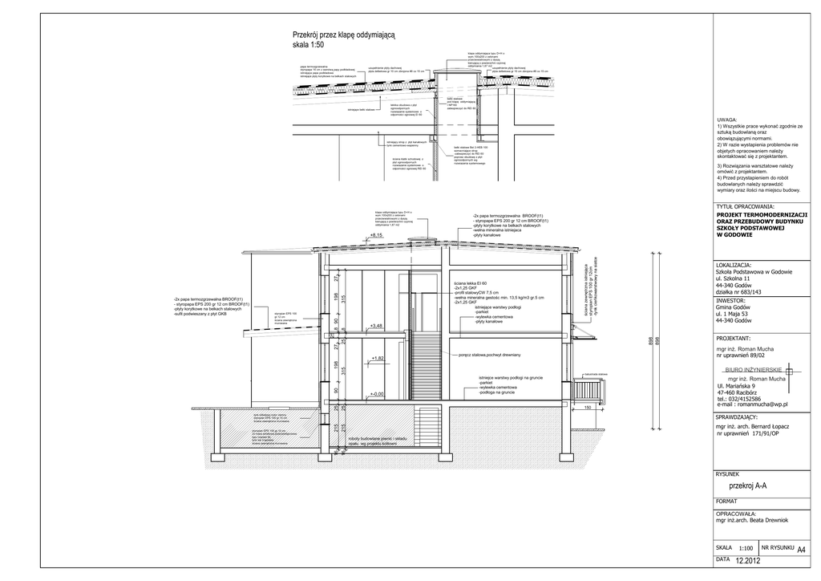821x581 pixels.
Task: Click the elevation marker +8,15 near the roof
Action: (376, 235)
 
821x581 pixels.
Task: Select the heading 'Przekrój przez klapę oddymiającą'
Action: (344, 35)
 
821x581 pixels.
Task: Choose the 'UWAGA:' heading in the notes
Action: (727, 120)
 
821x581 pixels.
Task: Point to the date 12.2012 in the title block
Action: (746, 560)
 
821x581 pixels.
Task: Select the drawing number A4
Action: (801, 550)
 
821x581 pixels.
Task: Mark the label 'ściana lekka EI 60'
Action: (471, 284)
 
